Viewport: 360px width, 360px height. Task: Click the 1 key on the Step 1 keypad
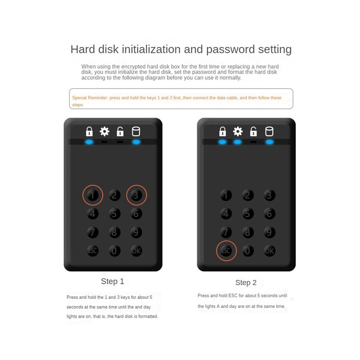coord(93,195)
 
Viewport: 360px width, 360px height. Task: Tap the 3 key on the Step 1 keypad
coord(136,195)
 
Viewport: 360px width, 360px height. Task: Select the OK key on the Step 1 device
coord(136,251)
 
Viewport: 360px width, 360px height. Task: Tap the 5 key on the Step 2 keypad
coord(248,214)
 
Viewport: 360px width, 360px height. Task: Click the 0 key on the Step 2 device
coord(248,251)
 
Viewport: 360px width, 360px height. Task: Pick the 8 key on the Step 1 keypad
coord(115,232)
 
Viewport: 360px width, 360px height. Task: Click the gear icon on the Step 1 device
coord(104,132)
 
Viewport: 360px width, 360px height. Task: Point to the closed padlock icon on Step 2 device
coord(223,132)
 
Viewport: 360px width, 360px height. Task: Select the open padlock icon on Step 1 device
coord(120,132)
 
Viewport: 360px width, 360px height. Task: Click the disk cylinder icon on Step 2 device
coord(269,132)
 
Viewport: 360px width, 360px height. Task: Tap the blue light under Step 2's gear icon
coord(237,142)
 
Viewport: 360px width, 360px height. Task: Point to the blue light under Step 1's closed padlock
coord(89,142)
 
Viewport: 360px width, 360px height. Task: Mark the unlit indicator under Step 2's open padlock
coord(253,142)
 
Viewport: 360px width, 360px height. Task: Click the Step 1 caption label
coord(112,281)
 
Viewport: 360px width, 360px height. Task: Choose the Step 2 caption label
coord(246,283)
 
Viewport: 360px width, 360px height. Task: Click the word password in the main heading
coord(230,50)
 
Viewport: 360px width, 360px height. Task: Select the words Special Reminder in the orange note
coord(90,98)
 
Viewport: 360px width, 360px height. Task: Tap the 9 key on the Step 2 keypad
coord(269,232)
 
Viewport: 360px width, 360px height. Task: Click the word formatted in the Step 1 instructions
coord(149,316)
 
